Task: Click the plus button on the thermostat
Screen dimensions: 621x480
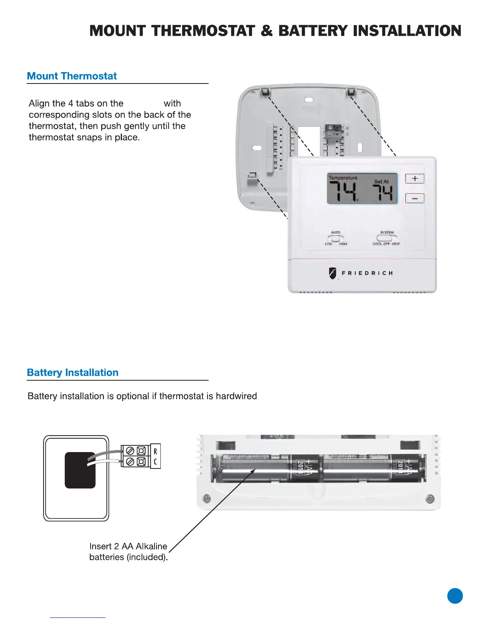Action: coord(415,179)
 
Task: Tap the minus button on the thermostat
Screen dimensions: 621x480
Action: coord(415,198)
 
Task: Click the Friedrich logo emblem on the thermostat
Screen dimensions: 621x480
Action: coord(333,273)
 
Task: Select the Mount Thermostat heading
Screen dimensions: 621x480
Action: coord(72,76)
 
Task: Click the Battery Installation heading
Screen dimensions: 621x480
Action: coord(73,372)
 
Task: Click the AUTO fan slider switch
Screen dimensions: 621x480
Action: coord(335,238)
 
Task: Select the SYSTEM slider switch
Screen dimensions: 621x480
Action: coord(386,238)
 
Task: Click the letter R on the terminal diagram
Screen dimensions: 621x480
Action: coord(155,451)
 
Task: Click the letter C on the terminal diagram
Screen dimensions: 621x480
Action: coord(155,461)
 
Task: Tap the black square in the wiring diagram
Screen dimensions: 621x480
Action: coord(80,470)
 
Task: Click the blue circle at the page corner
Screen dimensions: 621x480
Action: coord(455,596)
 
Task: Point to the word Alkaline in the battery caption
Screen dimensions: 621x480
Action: coord(151,546)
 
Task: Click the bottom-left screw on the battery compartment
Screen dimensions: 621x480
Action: coord(207,499)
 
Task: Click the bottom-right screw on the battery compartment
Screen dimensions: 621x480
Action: coord(429,499)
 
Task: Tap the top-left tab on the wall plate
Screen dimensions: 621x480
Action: coord(265,92)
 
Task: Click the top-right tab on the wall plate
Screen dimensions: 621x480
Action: coord(351,92)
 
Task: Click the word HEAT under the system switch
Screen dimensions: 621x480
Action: coord(396,244)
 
